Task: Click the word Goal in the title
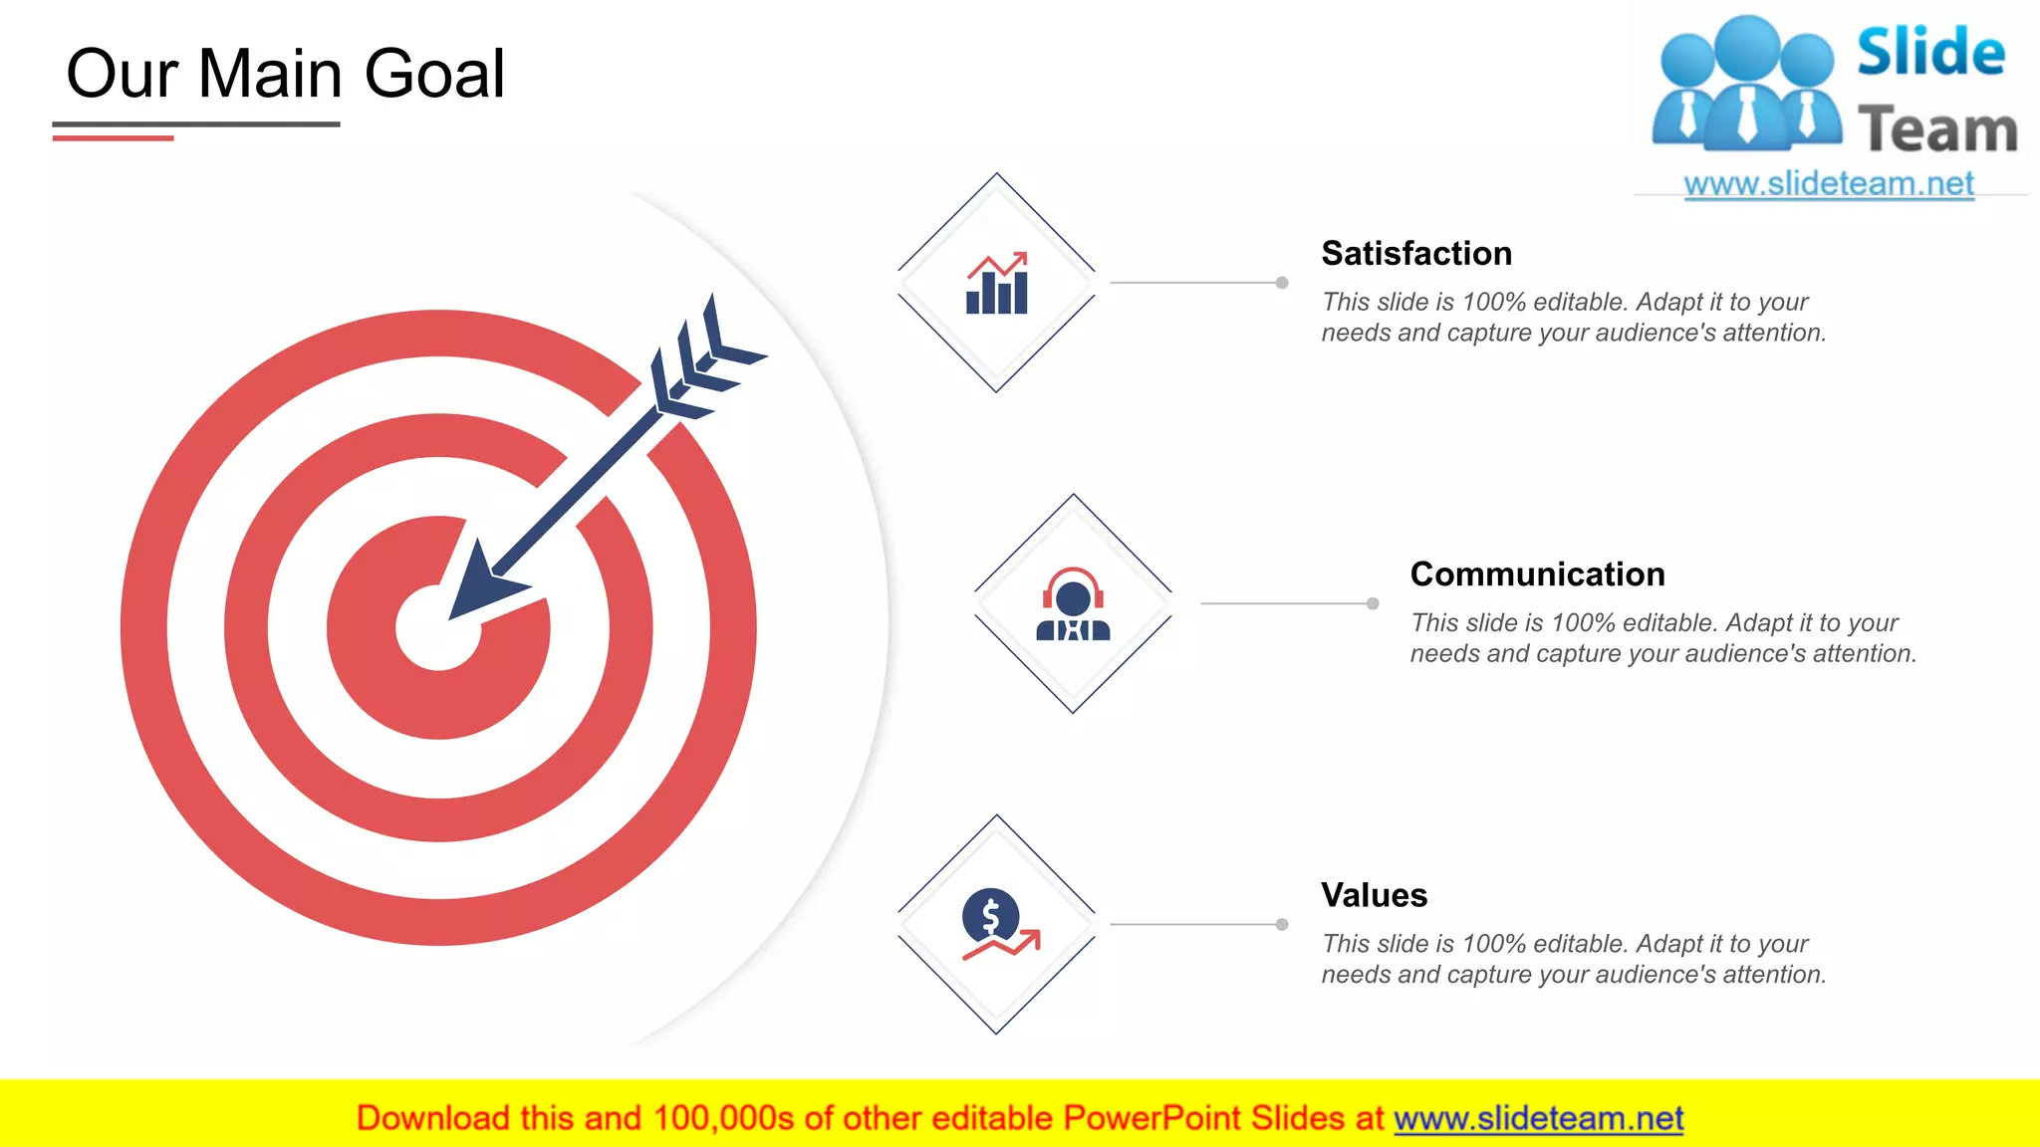click(x=434, y=75)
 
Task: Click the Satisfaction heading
click(x=1415, y=254)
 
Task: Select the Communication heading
click(x=1537, y=574)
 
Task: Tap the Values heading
click(x=1374, y=895)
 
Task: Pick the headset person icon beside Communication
click(x=1073, y=604)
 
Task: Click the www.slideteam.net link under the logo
click(x=1829, y=184)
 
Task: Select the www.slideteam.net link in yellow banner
click(x=1538, y=1119)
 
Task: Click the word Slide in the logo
click(x=1930, y=53)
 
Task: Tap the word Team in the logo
click(x=1936, y=130)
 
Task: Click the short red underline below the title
click(x=113, y=137)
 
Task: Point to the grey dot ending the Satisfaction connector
click(x=1282, y=283)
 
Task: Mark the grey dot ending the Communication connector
click(x=1373, y=603)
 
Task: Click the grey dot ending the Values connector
click(x=1282, y=924)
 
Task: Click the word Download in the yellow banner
click(x=432, y=1119)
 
